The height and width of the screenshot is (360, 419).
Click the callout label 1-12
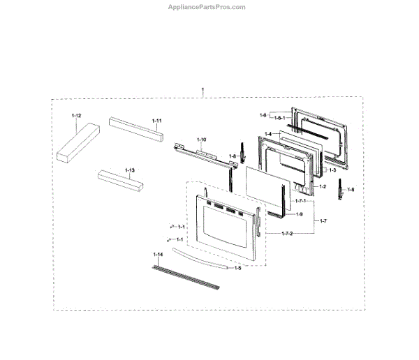[x=76, y=114]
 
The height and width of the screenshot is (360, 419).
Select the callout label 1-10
[x=203, y=140]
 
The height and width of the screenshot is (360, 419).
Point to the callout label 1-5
[x=237, y=267]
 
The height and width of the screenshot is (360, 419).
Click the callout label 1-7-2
[x=288, y=234]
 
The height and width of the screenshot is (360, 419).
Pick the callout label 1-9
[x=299, y=213]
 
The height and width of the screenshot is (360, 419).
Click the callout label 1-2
[x=323, y=187]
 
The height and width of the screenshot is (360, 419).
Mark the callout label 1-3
[x=333, y=170]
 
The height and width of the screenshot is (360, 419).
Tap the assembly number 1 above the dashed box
[x=203, y=90]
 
